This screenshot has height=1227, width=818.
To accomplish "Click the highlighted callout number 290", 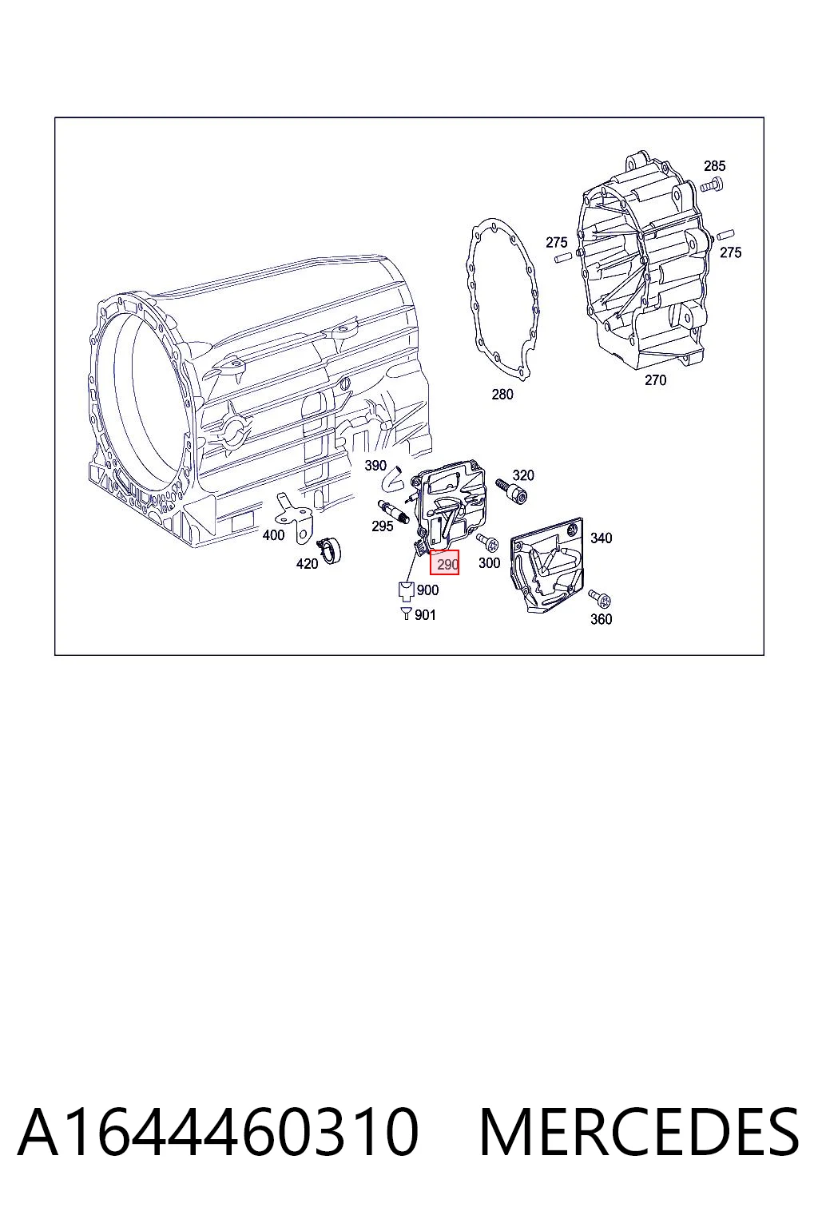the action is tap(444, 562).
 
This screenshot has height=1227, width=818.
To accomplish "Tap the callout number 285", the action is tap(714, 166).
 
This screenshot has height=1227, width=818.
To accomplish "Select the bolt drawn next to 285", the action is tap(711, 185).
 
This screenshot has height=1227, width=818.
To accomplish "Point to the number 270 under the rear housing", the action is tap(655, 380).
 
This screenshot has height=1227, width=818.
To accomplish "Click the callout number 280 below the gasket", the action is tap(502, 395).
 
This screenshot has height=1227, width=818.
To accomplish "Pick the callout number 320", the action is tap(523, 475).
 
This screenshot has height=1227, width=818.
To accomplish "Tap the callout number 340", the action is tap(601, 538).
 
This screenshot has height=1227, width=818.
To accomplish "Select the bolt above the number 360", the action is tap(600, 598).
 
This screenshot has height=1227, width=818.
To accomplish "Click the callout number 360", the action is tap(601, 619).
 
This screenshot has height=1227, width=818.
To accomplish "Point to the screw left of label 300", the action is tap(487, 542).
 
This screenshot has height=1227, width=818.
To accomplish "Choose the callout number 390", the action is tap(375, 466).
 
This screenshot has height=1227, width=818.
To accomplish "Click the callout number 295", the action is tap(383, 526).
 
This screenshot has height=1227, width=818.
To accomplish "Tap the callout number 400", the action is tap(273, 535).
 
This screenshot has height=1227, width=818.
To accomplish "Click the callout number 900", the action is tap(427, 590).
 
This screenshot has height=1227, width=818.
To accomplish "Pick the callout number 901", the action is tap(425, 615).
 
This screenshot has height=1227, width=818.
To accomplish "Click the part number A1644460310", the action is tap(218, 1132).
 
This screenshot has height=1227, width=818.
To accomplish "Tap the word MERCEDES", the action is tap(638, 1132).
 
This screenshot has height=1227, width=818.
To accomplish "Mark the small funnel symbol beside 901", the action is tap(406, 613).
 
